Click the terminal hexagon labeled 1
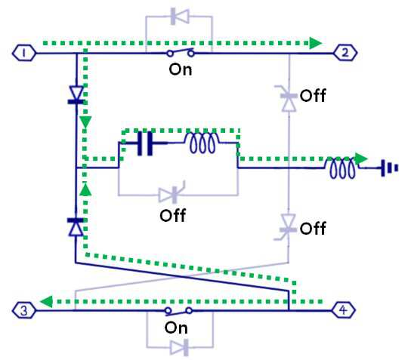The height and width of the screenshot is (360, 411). click(x=24, y=53)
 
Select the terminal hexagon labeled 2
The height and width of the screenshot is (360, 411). click(x=345, y=53)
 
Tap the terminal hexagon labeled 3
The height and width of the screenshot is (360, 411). click(x=24, y=310)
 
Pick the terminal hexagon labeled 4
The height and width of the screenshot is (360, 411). click(x=343, y=310)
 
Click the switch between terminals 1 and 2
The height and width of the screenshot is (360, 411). click(x=181, y=52)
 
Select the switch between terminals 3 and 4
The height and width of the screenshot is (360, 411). click(x=179, y=311)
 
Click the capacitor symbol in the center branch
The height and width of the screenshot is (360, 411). click(x=145, y=143)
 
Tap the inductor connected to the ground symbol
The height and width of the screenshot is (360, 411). click(x=342, y=168)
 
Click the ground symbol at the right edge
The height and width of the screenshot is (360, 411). click(x=390, y=168)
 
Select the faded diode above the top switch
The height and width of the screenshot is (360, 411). click(x=180, y=17)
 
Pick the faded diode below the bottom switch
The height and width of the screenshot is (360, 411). click(x=179, y=347)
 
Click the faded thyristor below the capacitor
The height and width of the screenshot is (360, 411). click(x=172, y=193)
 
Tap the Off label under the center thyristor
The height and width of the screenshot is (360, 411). click(x=173, y=216)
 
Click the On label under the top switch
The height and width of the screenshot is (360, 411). click(x=181, y=69)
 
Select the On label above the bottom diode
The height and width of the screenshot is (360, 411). click(x=176, y=328)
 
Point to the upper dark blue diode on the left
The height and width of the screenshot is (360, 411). click(x=76, y=95)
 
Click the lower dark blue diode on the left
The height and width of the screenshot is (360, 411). click(x=76, y=226)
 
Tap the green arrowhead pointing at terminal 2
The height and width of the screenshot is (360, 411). click(x=316, y=43)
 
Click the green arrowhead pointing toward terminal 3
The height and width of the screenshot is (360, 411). click(x=46, y=302)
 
